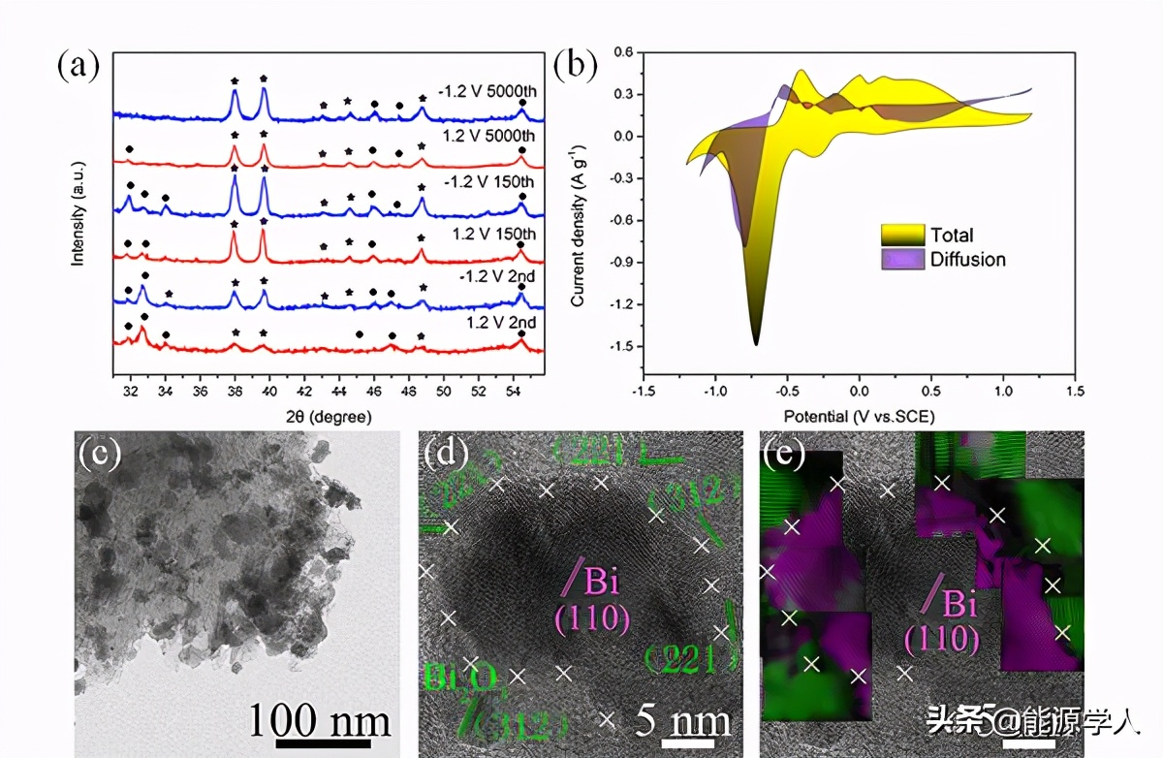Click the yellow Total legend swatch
coord(900,235)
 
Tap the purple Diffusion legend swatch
coord(900,260)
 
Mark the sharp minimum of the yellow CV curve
coord(756,343)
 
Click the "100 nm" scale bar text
coord(320,721)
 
